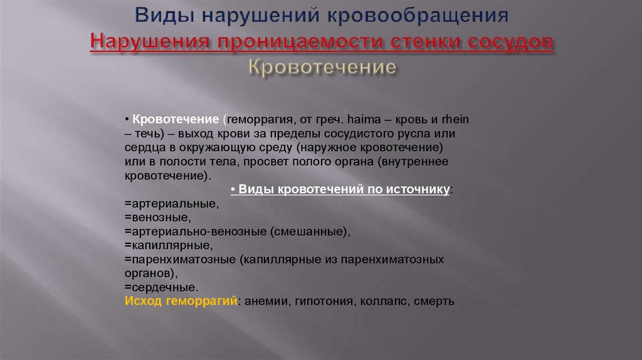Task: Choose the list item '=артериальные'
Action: [x=171, y=204]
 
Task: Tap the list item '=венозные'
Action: [x=157, y=218]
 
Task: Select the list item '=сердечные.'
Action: [x=161, y=287]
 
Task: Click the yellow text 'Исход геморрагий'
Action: [x=181, y=301]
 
